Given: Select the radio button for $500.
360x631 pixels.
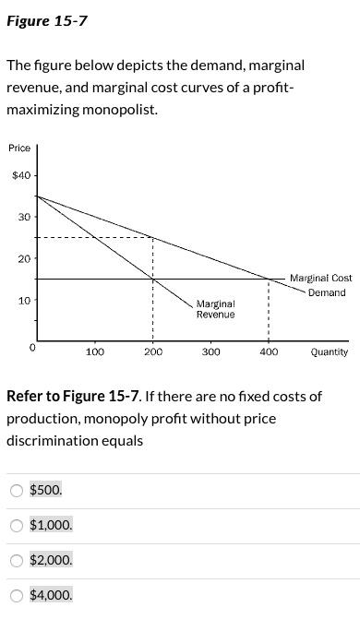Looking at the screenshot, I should coord(16,490).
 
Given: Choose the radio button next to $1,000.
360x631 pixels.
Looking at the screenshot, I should coord(16,525).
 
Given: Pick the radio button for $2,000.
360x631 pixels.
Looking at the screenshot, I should coord(16,560).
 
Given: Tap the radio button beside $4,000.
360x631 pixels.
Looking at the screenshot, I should coord(16,595).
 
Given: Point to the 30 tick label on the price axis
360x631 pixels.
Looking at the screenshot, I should coord(23,217).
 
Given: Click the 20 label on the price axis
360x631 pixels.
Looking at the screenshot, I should coord(23,258).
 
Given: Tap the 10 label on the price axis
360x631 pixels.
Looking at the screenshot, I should coord(23,301).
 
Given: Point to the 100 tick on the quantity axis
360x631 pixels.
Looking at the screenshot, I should coord(94,351).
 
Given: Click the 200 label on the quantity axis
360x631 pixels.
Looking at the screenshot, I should coord(152,351).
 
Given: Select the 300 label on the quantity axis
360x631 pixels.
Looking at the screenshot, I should coord(210,351).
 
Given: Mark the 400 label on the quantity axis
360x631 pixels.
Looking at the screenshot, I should coord(269,351).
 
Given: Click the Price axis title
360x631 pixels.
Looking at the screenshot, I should coord(19,149).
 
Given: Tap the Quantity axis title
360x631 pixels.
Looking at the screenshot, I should coord(329,351).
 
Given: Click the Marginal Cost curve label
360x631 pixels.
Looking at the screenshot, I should coord(320,278).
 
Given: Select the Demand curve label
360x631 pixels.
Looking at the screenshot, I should coord(327,292).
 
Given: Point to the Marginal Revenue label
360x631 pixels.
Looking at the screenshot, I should coord(215,308).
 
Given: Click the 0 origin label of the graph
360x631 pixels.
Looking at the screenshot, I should coord(31,348).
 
